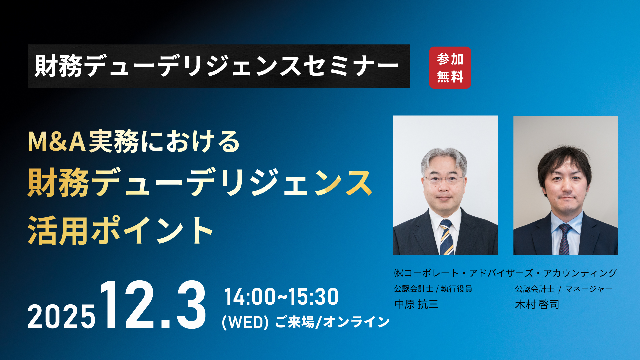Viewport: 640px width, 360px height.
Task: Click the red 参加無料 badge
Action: pos(450,68)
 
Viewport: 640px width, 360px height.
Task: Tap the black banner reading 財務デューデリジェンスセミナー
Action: pos(219,66)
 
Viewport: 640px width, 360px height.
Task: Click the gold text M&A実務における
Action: pos(134,142)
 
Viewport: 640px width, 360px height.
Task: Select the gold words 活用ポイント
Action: pos(121,231)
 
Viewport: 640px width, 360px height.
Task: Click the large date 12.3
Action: pos(153,305)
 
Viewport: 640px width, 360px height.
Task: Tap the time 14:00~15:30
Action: pos(282,297)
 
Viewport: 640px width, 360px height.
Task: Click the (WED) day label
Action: pos(245,322)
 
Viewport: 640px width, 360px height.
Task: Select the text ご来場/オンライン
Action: pos(332,322)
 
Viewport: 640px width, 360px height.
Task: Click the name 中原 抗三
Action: pos(416,304)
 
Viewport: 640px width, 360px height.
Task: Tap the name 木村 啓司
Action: pos(537,304)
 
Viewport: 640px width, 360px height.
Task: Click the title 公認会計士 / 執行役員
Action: pos(433,289)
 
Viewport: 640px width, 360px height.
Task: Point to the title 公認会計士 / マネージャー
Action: pos(564,289)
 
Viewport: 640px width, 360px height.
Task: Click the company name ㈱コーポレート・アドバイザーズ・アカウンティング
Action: pos(505,273)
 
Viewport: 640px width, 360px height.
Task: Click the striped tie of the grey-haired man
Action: pos(446,237)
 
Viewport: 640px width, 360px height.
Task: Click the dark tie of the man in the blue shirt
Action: pos(565,239)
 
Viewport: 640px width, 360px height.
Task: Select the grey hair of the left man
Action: pos(444,159)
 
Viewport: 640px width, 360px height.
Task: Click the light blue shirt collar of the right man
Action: pos(566,220)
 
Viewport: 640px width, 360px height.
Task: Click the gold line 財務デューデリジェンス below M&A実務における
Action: pos(200,183)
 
